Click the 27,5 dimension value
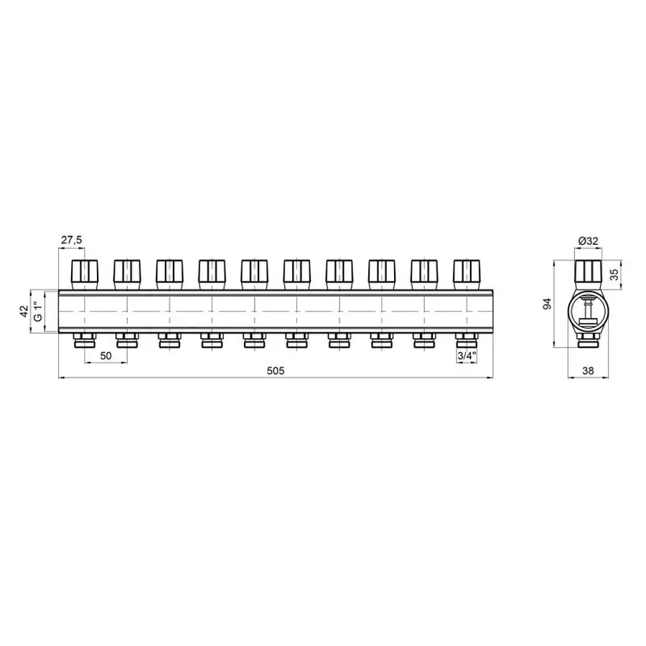click(72, 240)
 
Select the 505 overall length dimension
click(276, 371)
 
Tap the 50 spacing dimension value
click(106, 356)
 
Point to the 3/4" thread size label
click(467, 356)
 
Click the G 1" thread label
click(38, 312)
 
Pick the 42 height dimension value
click(24, 312)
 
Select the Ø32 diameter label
click(589, 241)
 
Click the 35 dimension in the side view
click(614, 275)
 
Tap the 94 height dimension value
click(547, 304)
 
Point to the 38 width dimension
click(589, 371)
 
